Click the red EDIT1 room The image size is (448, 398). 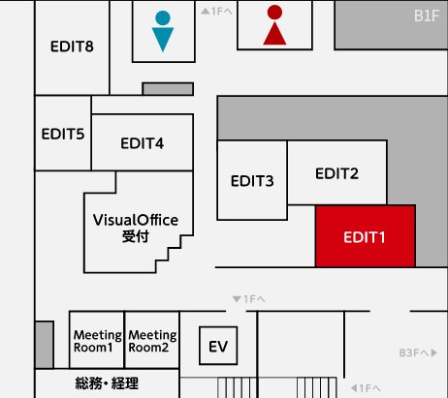click(366, 236)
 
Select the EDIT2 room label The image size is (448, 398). click(336, 173)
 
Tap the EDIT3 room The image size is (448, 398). click(252, 180)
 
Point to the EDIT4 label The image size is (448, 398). click(143, 143)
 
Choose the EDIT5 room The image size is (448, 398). click(63, 133)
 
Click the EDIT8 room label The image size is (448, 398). click(72, 46)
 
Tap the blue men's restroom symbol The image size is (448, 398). click(163, 31)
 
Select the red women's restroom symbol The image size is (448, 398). click(274, 25)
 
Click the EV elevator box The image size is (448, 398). click(218, 346)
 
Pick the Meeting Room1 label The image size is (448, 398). click(97, 341)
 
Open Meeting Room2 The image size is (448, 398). click(152, 340)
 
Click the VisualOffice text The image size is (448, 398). click(136, 220)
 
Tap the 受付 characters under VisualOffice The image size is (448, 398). click(136, 236)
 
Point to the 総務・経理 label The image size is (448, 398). click(107, 383)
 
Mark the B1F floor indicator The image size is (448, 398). click(427, 15)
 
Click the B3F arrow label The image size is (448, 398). click(418, 352)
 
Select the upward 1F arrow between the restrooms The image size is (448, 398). click(216, 12)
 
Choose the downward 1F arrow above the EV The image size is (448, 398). click(248, 299)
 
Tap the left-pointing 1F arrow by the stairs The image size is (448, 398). click(366, 387)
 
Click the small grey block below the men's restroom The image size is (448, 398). click(168, 89)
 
